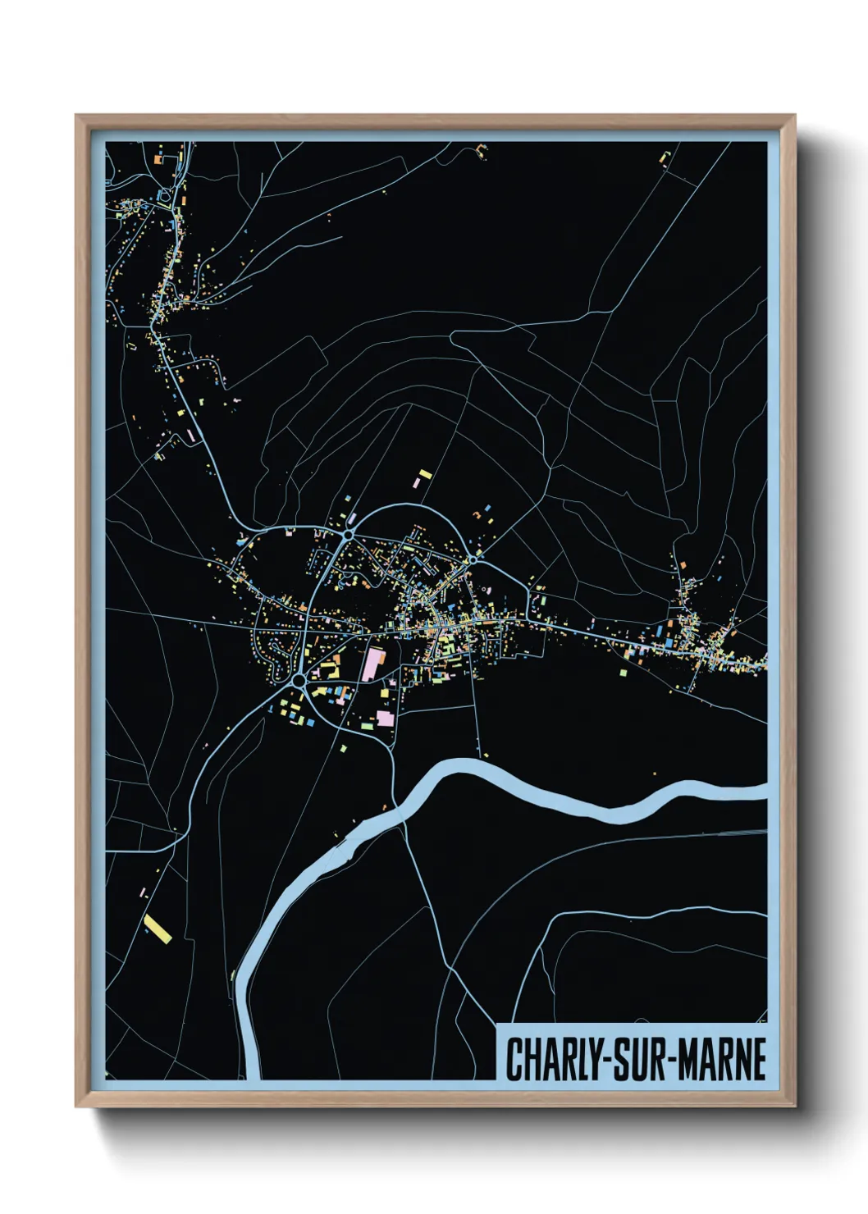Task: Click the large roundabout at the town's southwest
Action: point(299,681)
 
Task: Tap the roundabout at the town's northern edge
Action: point(349,535)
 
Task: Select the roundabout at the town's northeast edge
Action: point(473,559)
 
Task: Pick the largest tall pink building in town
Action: point(372,664)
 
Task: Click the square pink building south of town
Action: point(385,719)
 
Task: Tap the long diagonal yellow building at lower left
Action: point(157,928)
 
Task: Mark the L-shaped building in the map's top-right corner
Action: point(665,156)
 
